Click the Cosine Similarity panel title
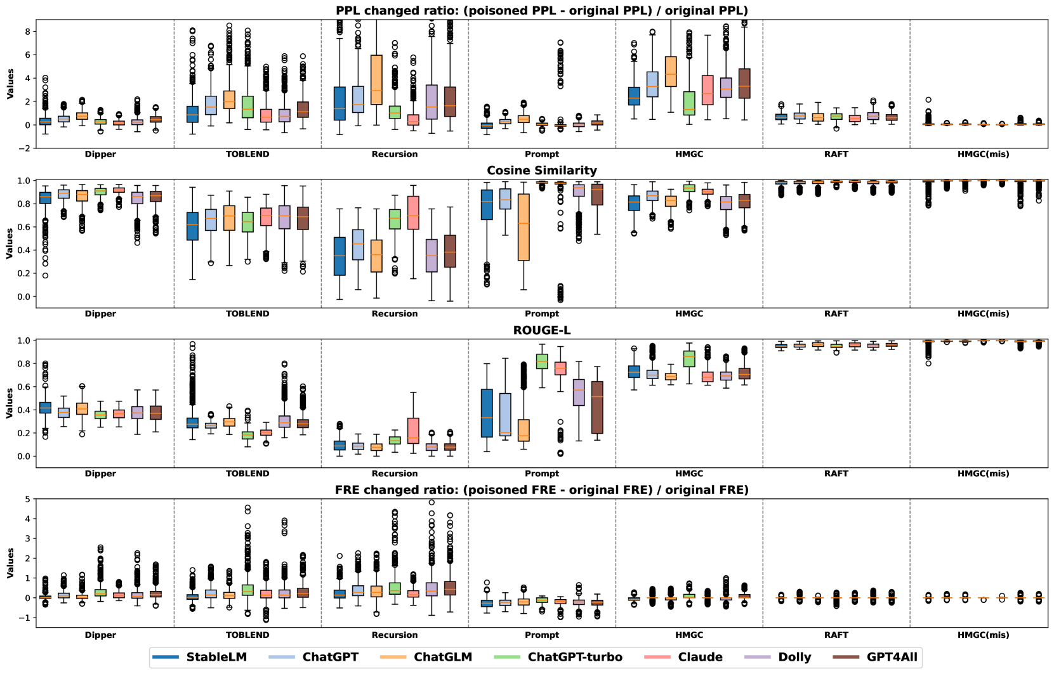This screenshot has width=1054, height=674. coord(541,171)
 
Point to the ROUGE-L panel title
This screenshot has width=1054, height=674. coord(541,330)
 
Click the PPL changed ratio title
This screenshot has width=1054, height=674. coord(541,11)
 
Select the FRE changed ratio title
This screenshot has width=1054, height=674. coord(541,490)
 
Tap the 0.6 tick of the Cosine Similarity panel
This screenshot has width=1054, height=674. coord(25,227)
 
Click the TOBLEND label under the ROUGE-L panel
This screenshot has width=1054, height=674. coord(247,474)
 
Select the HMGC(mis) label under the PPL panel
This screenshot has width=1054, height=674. coord(983,154)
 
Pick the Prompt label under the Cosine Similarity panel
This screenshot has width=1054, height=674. coord(542,314)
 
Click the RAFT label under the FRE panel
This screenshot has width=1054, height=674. coord(836,635)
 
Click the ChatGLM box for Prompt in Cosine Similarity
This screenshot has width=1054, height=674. coord(524,227)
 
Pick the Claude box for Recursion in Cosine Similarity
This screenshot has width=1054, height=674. coord(413,212)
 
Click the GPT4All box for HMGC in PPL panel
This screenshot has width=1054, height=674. coord(744,83)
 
